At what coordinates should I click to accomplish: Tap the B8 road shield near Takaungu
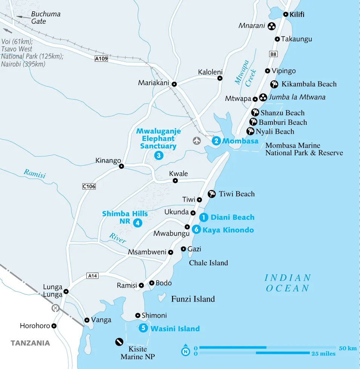pyautogui.click(x=273, y=54)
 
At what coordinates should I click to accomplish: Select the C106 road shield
pyautogui.click(x=89, y=186)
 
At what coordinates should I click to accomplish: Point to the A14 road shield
pyautogui.click(x=92, y=276)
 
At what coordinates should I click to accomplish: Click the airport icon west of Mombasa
pyautogui.click(x=197, y=141)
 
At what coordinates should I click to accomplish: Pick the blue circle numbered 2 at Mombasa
pyautogui.click(x=216, y=141)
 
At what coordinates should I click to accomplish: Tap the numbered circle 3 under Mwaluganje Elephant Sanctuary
pyautogui.click(x=158, y=155)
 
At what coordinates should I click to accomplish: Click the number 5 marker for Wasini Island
pyautogui.click(x=143, y=328)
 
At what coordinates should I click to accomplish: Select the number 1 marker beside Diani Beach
pyautogui.click(x=204, y=217)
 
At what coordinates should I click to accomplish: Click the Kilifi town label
pyautogui.click(x=297, y=15)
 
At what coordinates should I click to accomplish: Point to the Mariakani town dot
pyautogui.click(x=174, y=84)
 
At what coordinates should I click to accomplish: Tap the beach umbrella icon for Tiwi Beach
pyautogui.click(x=212, y=194)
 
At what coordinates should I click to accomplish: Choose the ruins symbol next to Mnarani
pyautogui.click(x=271, y=26)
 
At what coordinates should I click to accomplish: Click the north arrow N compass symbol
pyautogui.click(x=185, y=351)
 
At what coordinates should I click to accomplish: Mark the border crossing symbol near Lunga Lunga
pyautogui.click(x=55, y=308)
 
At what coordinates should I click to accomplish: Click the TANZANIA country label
pyautogui.click(x=30, y=343)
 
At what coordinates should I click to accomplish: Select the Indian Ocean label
pyautogui.click(x=288, y=283)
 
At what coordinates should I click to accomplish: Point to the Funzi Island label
pyautogui.click(x=193, y=299)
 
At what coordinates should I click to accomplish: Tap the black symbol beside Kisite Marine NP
pyautogui.click(x=119, y=342)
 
